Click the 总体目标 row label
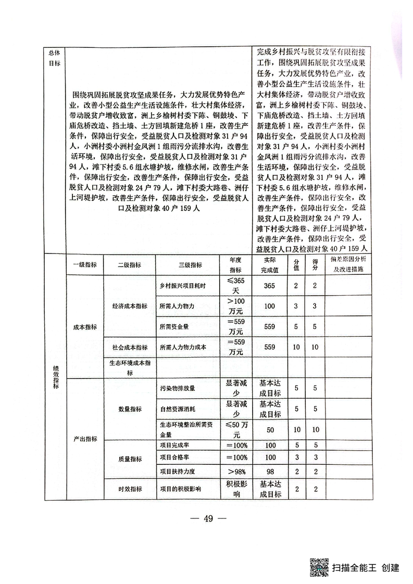tap(55, 58)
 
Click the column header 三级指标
tap(190, 265)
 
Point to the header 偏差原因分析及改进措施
tap(349, 265)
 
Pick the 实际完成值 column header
tap(270, 265)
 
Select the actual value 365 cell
tap(270, 286)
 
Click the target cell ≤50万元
tap(236, 429)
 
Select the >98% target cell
tap(236, 471)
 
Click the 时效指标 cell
tap(130, 489)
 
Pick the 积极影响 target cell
tap(236, 489)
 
